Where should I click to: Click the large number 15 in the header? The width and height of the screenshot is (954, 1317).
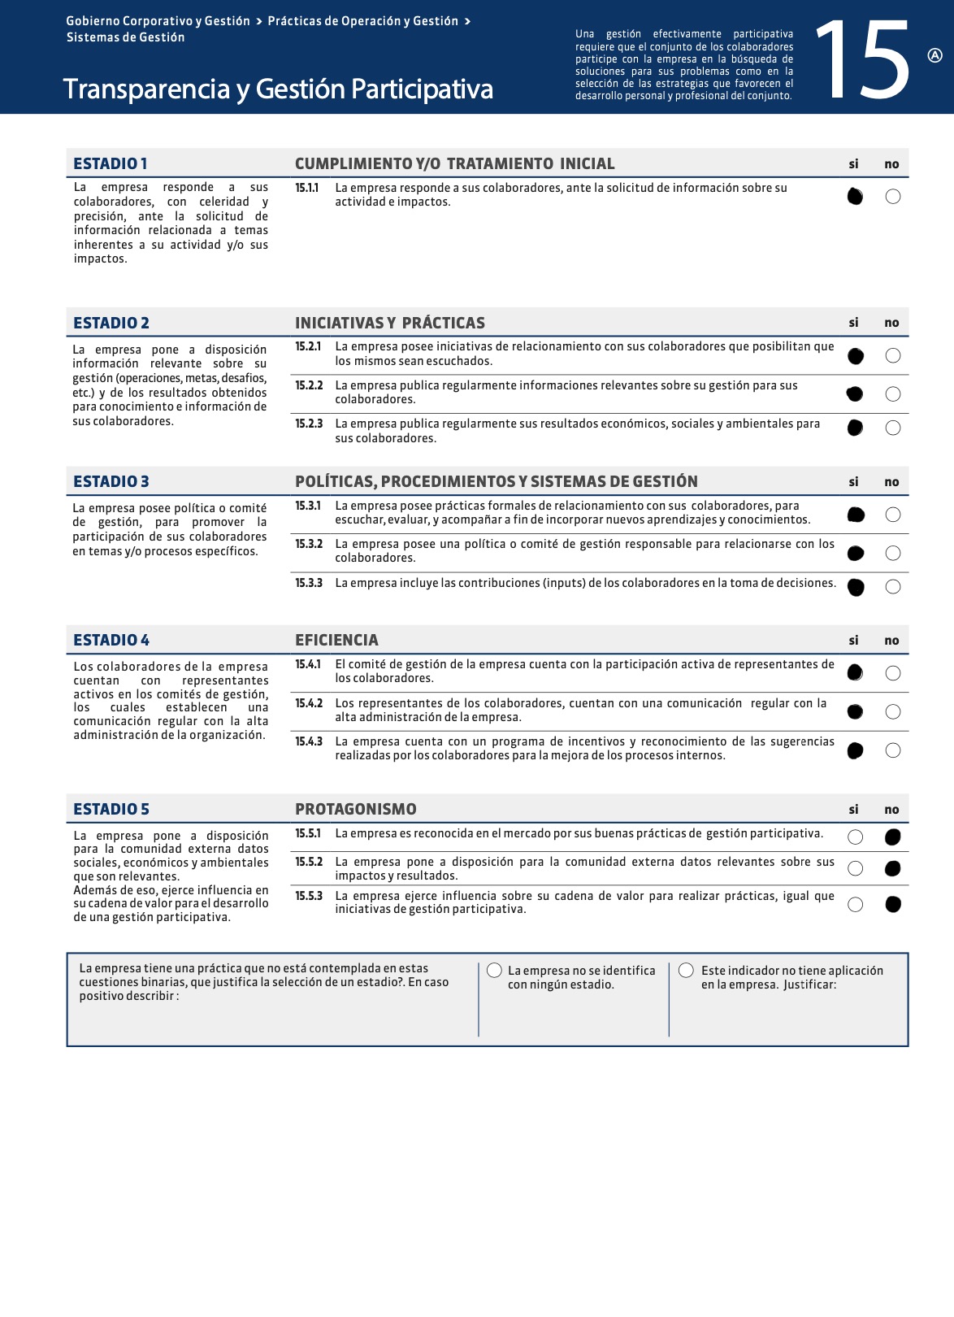[863, 61]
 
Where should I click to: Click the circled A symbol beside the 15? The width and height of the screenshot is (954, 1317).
[934, 55]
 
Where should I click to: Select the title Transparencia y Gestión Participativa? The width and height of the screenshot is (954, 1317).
[278, 89]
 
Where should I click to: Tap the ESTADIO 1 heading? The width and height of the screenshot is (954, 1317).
[111, 163]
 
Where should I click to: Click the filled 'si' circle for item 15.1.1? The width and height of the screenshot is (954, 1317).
[855, 196]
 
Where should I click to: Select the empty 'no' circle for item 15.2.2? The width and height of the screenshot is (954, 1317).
[893, 394]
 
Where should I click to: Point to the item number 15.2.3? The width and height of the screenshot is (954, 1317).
[309, 424]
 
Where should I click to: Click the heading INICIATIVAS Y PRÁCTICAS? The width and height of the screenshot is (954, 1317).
[390, 323]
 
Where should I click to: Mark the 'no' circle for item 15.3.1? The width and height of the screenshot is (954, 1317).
[893, 515]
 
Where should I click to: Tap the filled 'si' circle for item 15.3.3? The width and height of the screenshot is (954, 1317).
[856, 587]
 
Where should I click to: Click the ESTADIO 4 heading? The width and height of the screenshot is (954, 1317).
[111, 640]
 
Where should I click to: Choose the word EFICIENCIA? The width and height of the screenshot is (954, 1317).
[336, 640]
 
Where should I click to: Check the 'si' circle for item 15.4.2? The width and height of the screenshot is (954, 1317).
[855, 712]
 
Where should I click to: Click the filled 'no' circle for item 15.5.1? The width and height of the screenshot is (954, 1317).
[893, 837]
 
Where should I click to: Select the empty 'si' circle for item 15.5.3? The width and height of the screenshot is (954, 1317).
[855, 905]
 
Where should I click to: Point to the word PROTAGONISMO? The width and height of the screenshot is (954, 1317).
[355, 809]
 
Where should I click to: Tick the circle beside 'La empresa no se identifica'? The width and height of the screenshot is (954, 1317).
[494, 970]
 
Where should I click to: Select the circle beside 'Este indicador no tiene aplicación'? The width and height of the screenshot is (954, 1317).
[687, 970]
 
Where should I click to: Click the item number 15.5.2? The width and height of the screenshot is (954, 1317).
[309, 862]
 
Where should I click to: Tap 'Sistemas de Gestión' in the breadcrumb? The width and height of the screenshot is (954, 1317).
[126, 37]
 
